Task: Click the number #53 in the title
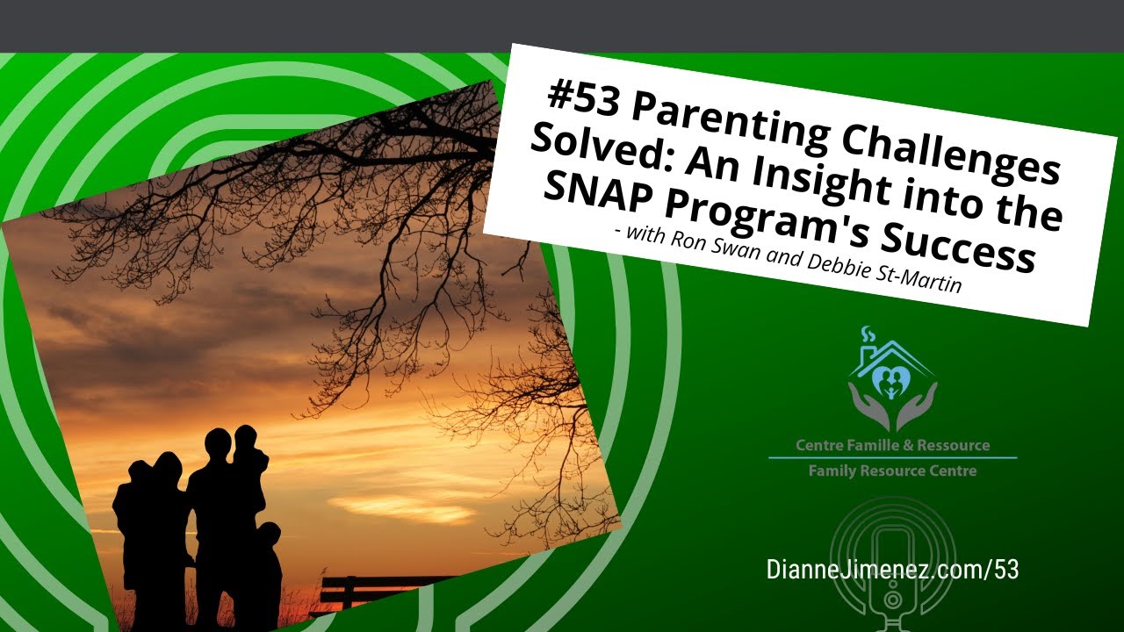click(582, 96)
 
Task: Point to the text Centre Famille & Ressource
click(892, 445)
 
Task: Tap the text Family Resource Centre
click(892, 470)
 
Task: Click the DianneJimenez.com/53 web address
click(892, 569)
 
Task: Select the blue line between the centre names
click(892, 457)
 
